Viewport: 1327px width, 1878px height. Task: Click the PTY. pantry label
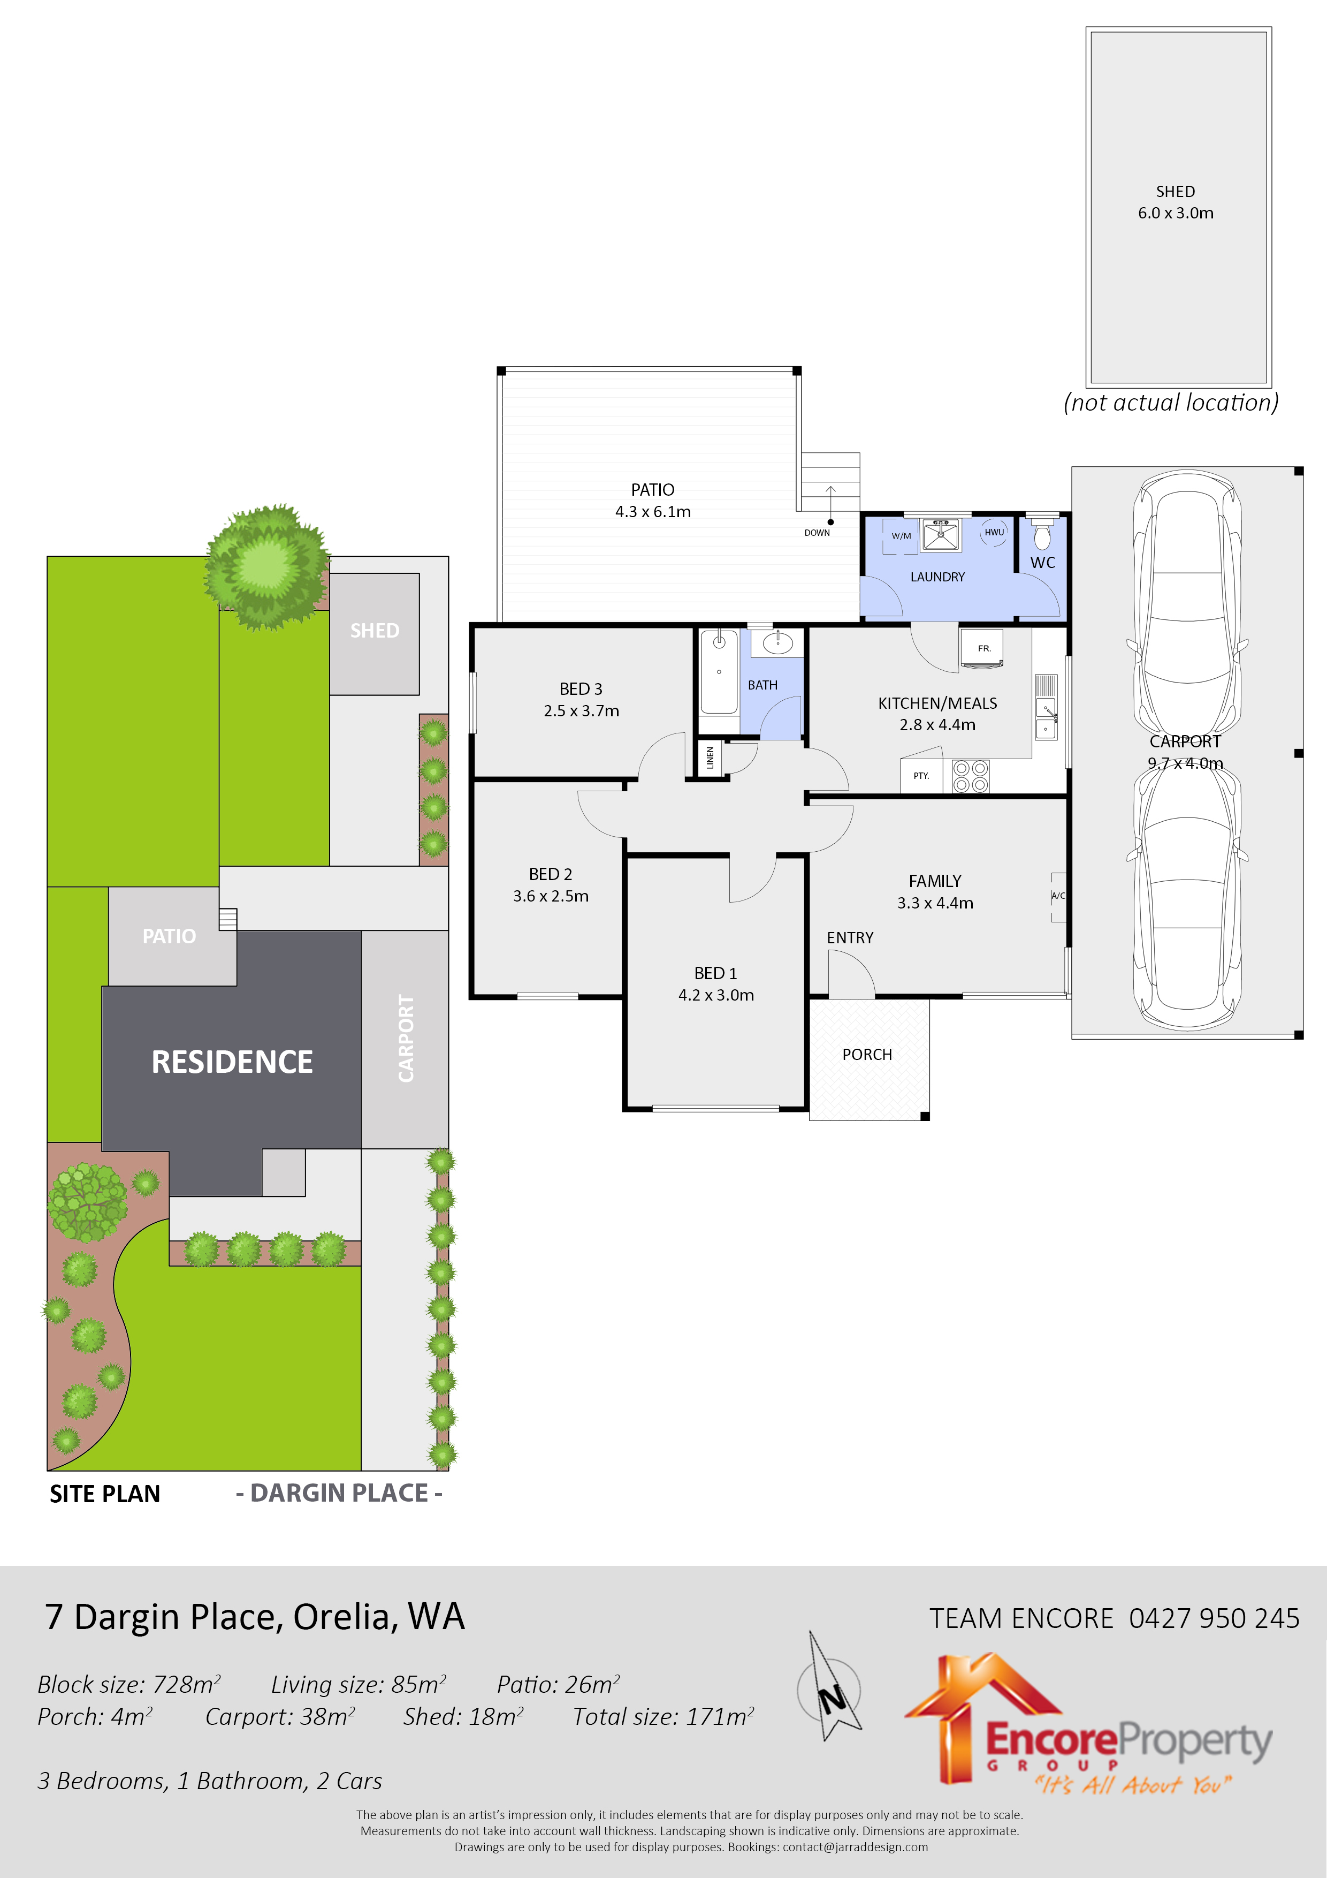[921, 775]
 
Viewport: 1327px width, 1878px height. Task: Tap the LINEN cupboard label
[710, 758]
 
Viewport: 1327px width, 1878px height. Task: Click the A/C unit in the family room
[1058, 896]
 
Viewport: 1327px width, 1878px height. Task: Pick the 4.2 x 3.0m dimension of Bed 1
[715, 995]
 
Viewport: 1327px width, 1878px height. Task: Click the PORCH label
[867, 1054]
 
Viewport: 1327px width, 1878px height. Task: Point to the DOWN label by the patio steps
[817, 533]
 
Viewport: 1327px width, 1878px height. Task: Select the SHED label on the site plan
[375, 631]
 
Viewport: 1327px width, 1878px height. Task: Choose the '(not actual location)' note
[1171, 403]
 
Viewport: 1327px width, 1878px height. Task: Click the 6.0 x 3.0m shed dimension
[1175, 213]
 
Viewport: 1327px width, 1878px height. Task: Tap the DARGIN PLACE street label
[339, 1493]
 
